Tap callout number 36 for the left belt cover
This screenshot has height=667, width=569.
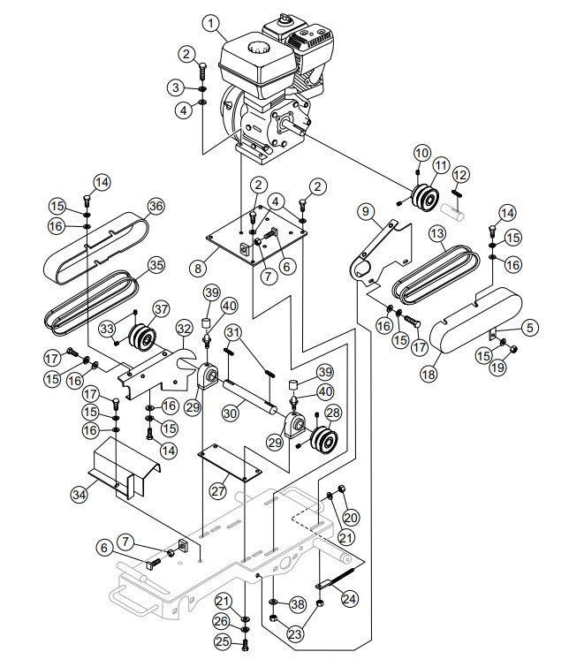click(156, 206)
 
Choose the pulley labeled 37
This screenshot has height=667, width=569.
click(139, 337)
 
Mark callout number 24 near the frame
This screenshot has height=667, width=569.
click(351, 598)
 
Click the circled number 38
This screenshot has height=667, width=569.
click(298, 604)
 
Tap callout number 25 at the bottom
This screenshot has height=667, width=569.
click(224, 641)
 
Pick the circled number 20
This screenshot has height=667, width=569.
click(352, 517)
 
